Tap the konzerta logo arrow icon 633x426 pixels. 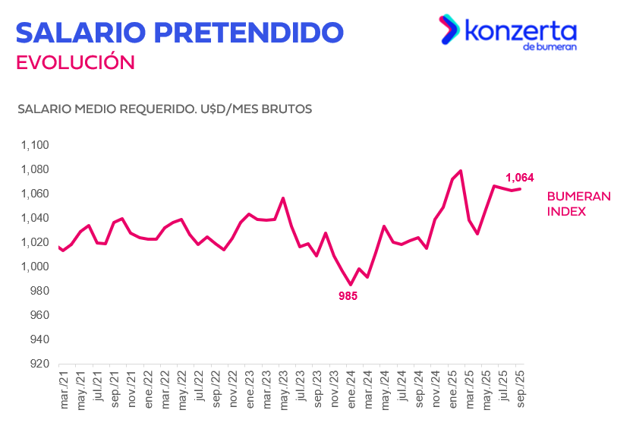click(x=449, y=30)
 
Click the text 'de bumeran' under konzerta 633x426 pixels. click(x=550, y=47)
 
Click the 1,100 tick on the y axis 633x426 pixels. click(x=34, y=145)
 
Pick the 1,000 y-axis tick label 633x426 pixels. click(x=34, y=267)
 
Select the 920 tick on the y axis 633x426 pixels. click(x=39, y=364)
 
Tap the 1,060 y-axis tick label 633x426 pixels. click(x=34, y=194)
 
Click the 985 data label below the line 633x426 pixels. click(x=348, y=296)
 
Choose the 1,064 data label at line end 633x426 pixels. click(x=520, y=178)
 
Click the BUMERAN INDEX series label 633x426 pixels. click(x=578, y=204)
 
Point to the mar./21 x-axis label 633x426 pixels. click(x=64, y=389)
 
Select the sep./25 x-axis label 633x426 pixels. click(x=521, y=389)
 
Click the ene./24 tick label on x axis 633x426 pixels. click(x=351, y=389)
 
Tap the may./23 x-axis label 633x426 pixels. click(x=284, y=389)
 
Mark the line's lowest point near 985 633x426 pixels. click(x=351, y=284)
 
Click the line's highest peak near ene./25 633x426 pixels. click(x=461, y=171)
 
